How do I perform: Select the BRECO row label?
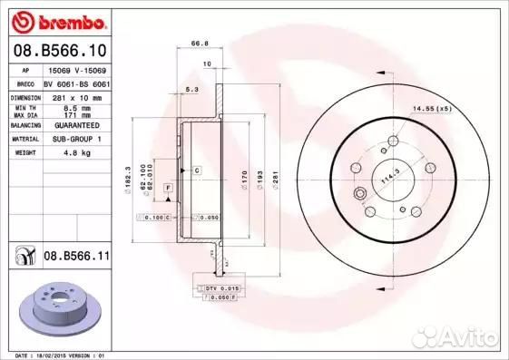[x=26, y=82]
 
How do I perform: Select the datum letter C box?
[x=194, y=170]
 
